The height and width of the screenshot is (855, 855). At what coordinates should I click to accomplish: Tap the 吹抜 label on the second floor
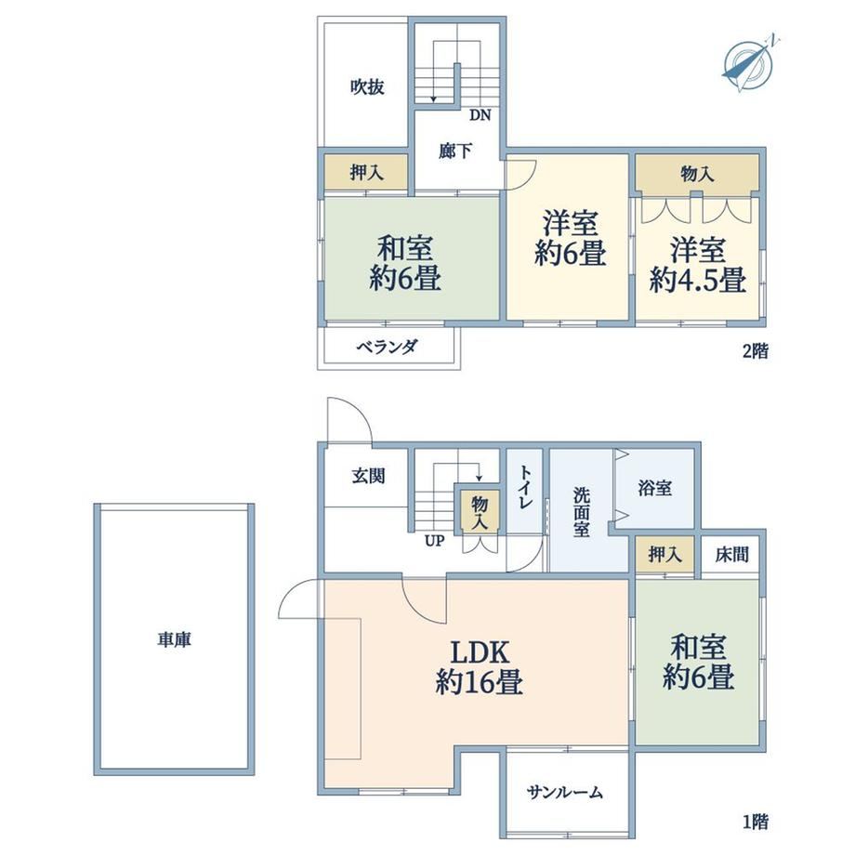coord(367,86)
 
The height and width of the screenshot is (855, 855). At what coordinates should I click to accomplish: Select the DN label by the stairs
coord(480,115)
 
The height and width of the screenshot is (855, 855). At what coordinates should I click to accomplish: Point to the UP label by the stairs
coord(435,541)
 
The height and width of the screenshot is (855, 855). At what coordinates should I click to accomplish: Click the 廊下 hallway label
coord(455,151)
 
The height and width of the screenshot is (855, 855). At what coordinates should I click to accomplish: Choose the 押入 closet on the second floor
coord(366,173)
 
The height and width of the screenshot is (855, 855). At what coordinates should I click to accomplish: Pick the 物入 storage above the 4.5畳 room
coord(697,174)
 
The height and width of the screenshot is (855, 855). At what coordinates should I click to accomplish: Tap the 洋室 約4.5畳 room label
coord(697,266)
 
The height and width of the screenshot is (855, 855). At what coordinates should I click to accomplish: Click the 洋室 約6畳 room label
coord(570,238)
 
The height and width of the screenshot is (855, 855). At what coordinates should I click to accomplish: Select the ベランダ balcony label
coord(388,347)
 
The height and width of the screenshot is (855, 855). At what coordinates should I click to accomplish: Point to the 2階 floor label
coord(756,351)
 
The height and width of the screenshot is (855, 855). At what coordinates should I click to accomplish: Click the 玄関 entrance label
coord(368,476)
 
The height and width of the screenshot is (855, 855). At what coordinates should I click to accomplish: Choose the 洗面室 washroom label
coord(581,511)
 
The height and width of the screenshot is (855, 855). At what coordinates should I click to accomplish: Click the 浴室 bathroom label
coord(654,488)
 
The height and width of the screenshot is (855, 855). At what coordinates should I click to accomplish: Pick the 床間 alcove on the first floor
coord(731,555)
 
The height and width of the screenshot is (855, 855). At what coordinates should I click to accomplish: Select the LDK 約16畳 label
coord(480,667)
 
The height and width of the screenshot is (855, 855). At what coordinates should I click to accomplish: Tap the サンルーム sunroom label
coord(565,792)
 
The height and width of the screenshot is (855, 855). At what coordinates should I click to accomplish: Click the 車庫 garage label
coord(174,639)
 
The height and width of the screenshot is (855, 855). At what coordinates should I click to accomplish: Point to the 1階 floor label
coord(756,822)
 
